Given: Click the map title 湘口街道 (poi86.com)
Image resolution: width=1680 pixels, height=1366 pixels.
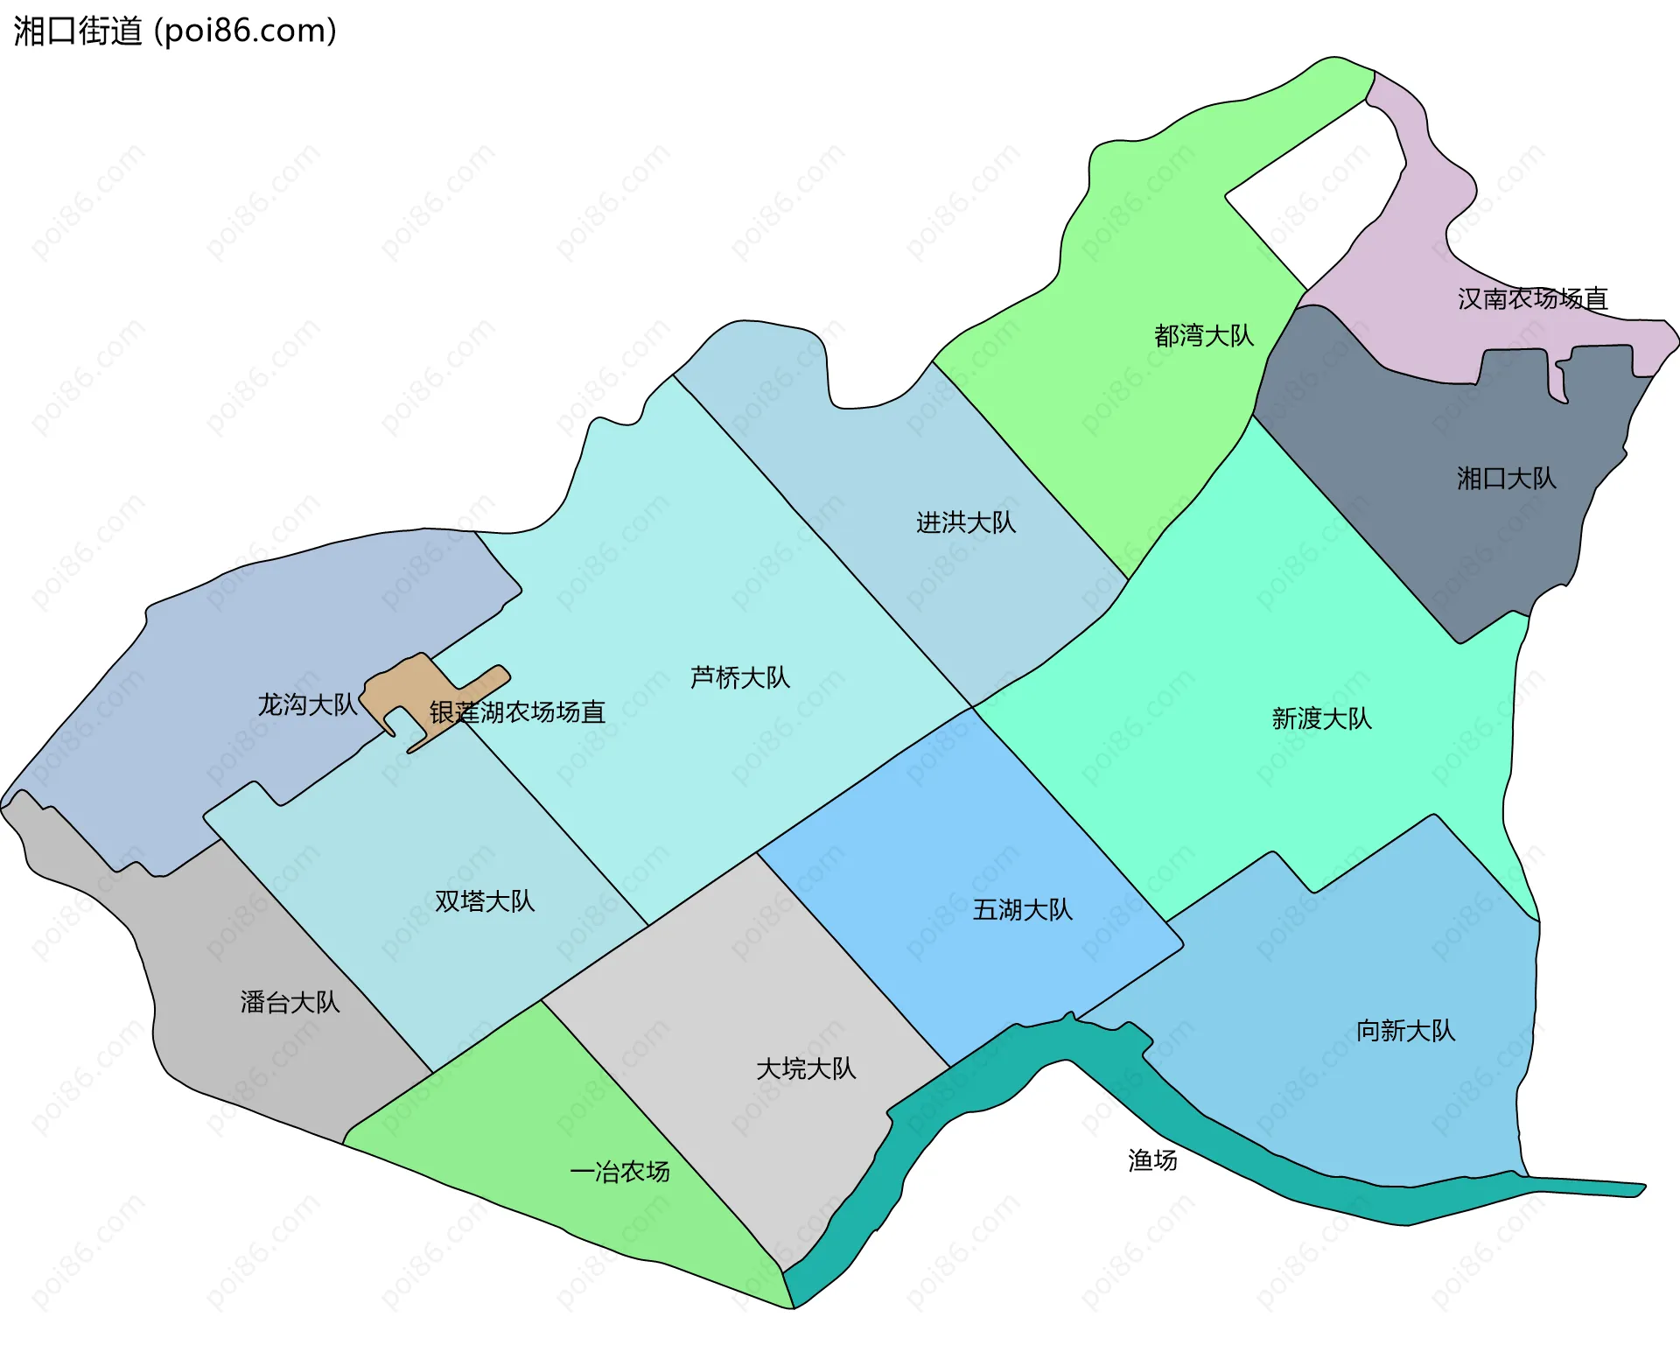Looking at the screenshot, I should point(175,31).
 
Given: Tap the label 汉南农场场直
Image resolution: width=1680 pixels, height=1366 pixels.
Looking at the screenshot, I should point(1532,299).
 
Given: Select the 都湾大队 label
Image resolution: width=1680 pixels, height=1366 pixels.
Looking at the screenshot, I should point(1203,335).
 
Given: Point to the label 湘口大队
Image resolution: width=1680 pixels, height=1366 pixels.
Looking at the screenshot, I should point(1506,478).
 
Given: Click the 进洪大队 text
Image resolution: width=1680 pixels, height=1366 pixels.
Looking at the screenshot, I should point(965,522).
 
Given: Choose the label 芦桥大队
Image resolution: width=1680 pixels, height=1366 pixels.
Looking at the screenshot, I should point(739,677).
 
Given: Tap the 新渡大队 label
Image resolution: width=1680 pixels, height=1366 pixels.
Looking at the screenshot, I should point(1321,718).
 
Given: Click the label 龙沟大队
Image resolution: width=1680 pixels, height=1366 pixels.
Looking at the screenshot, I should point(306,704).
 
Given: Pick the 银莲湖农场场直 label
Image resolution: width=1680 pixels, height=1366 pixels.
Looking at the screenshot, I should point(517,712).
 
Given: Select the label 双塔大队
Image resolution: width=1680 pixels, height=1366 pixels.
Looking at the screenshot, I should point(484,901).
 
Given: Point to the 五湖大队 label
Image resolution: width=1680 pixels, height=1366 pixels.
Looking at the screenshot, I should point(1022,910).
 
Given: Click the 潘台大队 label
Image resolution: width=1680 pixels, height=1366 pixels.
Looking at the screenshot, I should point(290,1002).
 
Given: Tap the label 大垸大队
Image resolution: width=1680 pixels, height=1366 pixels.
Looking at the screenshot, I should point(805,1068).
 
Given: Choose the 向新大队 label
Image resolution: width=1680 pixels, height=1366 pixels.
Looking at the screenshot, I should point(1405,1031).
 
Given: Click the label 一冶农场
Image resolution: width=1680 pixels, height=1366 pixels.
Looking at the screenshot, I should point(619,1172).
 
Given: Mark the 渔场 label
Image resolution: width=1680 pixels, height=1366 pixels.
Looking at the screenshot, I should point(1152,1160).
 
